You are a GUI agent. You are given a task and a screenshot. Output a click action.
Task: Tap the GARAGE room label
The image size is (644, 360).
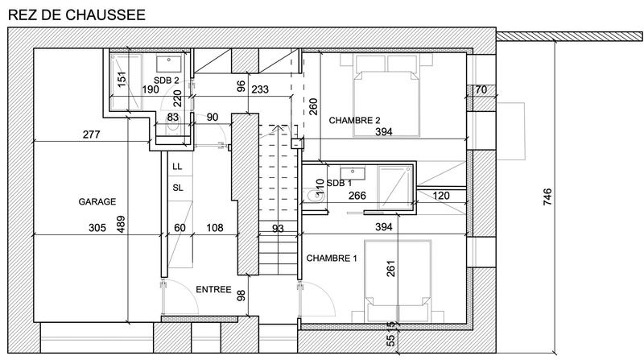pyautogui.click(x=97, y=201)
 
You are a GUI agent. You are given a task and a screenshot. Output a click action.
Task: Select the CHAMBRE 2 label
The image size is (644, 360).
pyautogui.click(x=354, y=121)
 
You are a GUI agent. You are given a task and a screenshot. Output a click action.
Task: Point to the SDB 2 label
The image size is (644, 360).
pyautogui.click(x=167, y=81)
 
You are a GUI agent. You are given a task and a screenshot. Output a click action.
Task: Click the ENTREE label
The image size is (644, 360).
pyautogui.click(x=213, y=289)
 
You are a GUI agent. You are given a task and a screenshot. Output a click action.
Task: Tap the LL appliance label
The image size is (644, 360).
pyautogui.click(x=177, y=167)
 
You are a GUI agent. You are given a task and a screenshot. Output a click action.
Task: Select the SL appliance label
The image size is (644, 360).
pyautogui.click(x=177, y=188)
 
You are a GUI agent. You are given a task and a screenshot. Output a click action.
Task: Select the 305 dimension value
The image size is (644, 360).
pyautogui.click(x=97, y=228)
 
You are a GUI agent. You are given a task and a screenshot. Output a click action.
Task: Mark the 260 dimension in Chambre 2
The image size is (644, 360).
pyautogui.click(x=313, y=106)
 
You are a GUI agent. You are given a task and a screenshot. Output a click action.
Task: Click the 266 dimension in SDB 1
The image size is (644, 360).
pyautogui.click(x=358, y=195)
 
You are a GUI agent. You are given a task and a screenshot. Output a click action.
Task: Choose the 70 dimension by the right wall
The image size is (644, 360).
pyautogui.click(x=480, y=89)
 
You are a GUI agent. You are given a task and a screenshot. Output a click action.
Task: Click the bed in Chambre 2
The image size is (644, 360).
pyautogui.click(x=387, y=101)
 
